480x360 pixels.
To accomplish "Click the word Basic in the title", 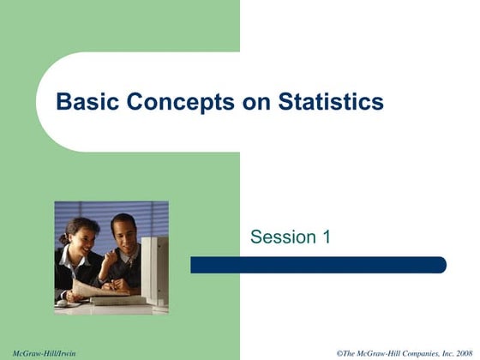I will click(83, 103).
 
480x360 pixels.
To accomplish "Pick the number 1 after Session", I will click(325, 237).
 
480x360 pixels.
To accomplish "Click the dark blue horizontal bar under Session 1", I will click(318, 265).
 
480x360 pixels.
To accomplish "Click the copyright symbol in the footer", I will click(339, 353).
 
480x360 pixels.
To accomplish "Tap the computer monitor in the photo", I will click(155, 266).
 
